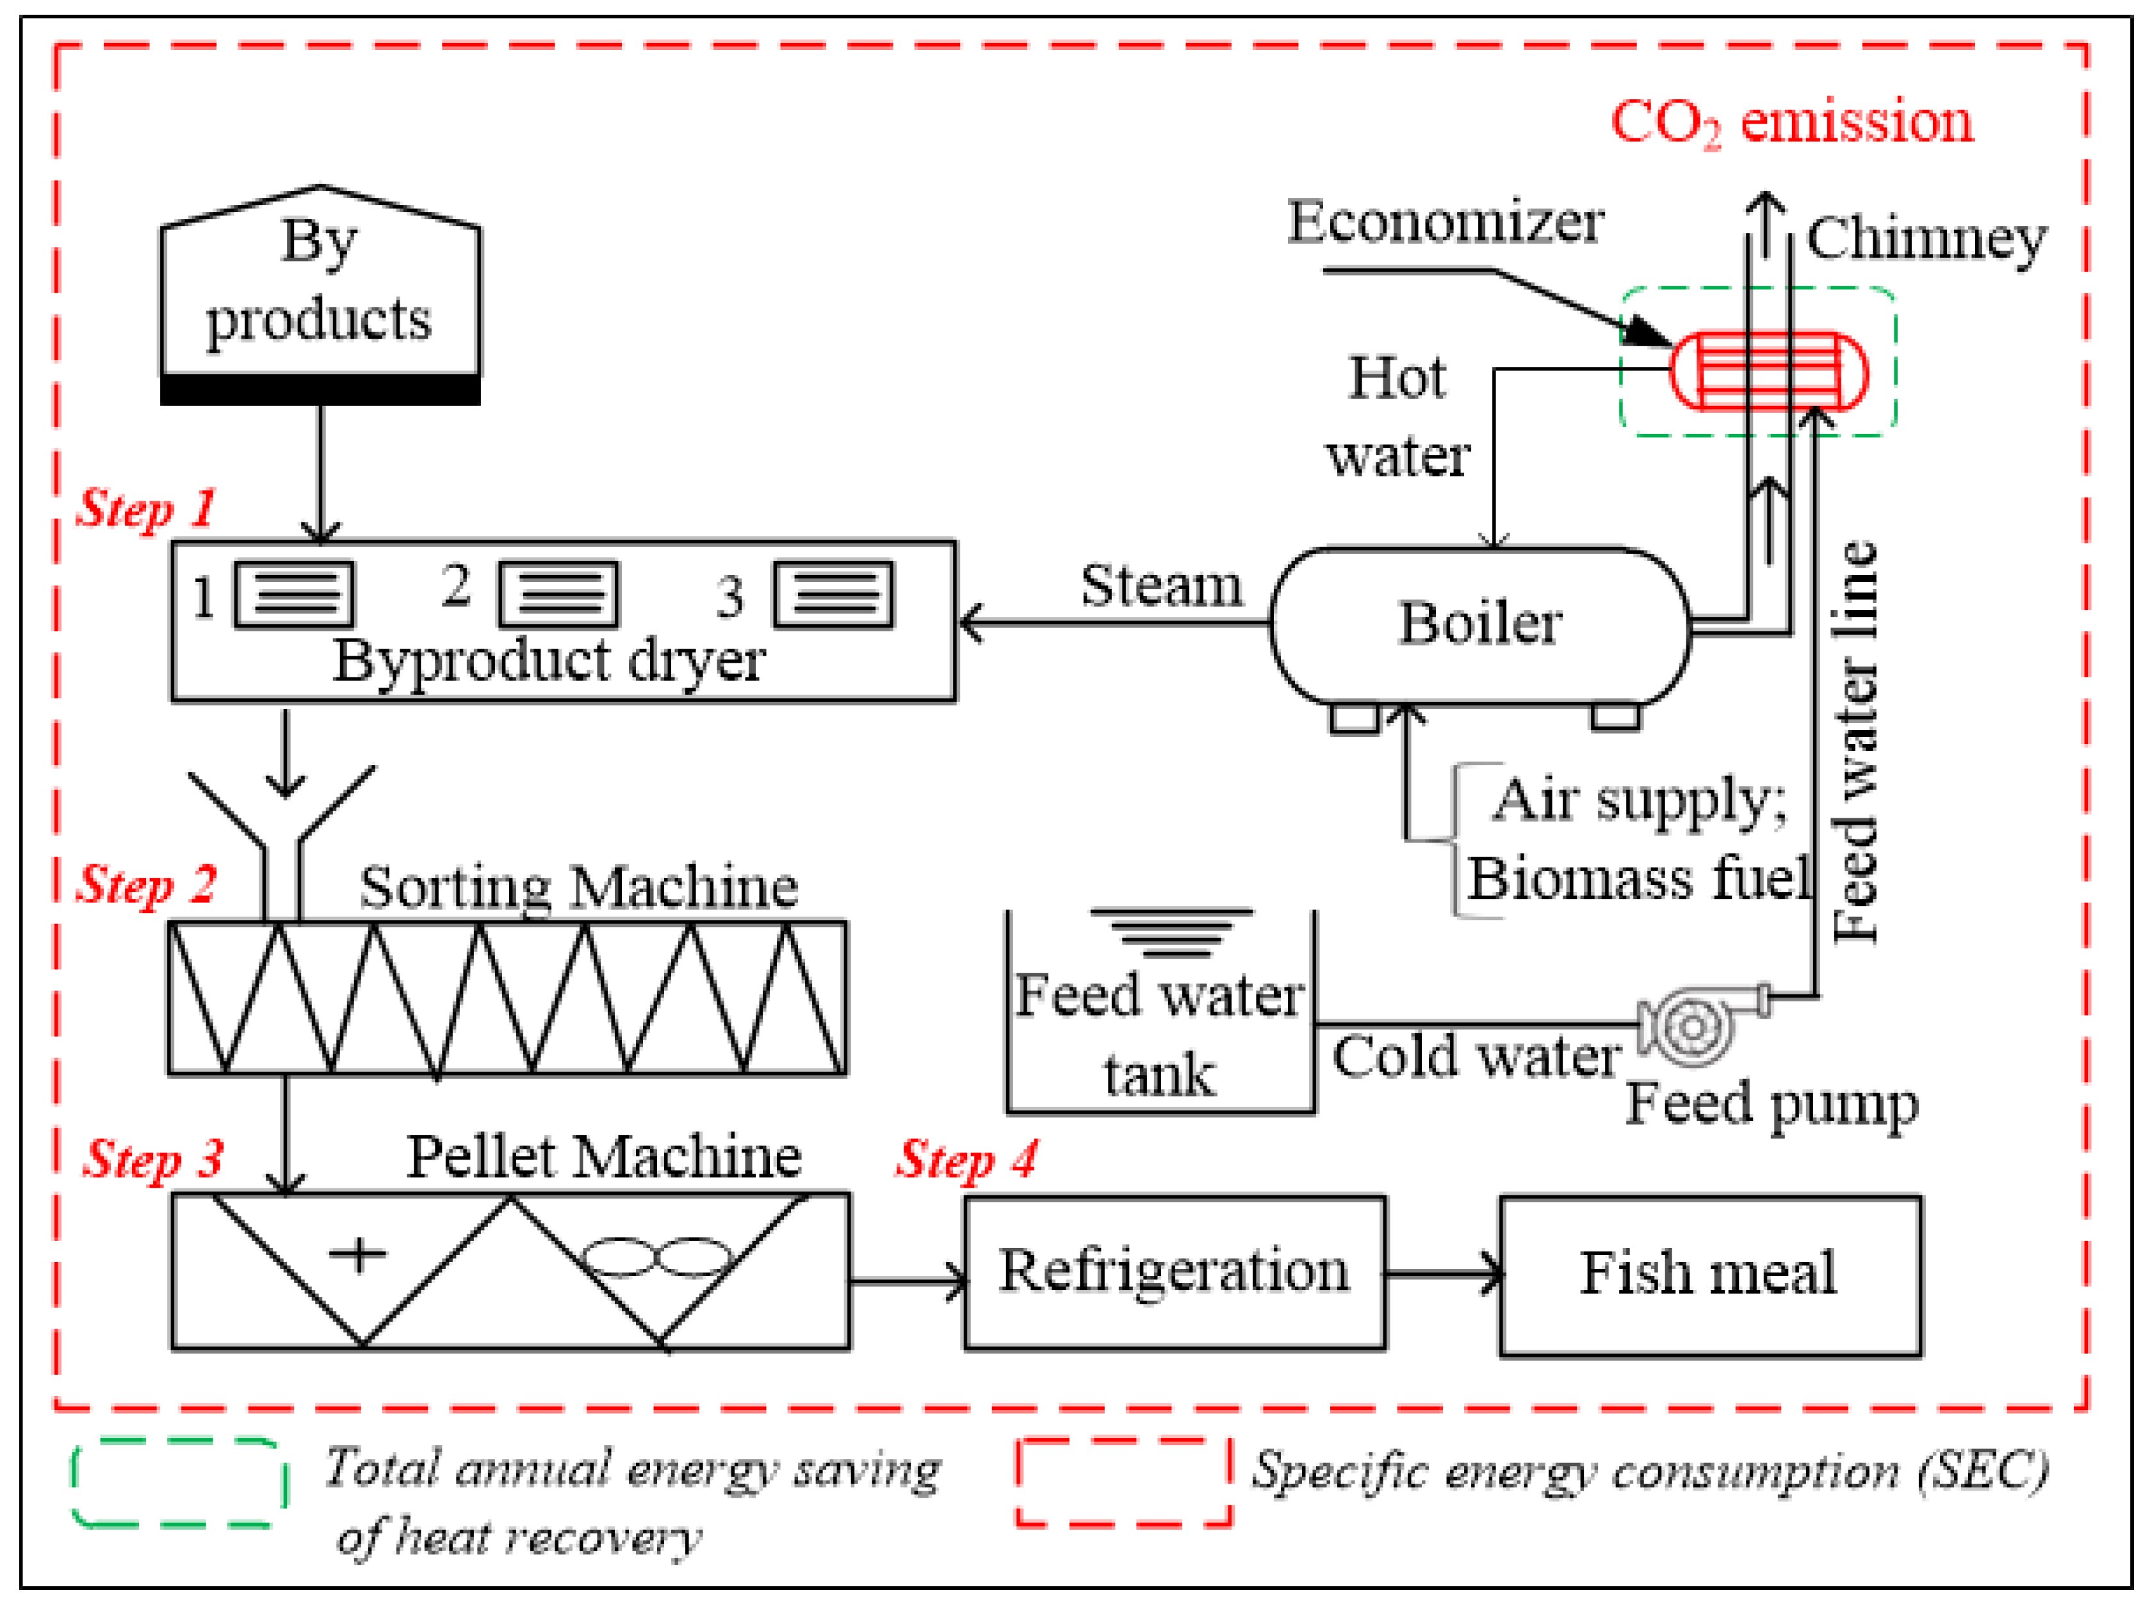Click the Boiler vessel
click(1479, 626)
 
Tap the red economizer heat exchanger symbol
click(1768, 371)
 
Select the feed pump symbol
click(1692, 1026)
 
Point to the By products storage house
click(320, 291)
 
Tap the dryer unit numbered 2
click(558, 594)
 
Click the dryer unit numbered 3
click(833, 594)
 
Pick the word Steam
click(1161, 587)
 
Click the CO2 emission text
click(1791, 123)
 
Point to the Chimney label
click(1926, 239)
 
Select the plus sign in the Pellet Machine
click(358, 1254)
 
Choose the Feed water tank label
click(1160, 1035)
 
